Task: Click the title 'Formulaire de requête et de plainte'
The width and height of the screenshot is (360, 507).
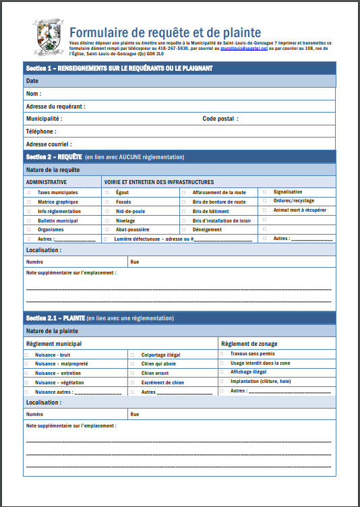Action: click(x=165, y=32)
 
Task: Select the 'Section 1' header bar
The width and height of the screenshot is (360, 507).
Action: click(x=179, y=68)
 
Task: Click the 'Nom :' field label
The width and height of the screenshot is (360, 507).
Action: click(x=34, y=94)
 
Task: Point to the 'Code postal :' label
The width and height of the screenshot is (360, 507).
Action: click(x=220, y=119)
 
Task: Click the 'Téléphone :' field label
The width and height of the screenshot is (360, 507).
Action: click(x=41, y=131)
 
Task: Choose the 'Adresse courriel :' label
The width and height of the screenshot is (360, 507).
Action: click(x=49, y=144)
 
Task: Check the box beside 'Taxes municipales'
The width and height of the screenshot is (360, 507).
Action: click(x=28, y=193)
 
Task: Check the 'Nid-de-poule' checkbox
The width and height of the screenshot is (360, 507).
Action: click(x=107, y=211)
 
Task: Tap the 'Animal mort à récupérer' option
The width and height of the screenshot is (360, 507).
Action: click(x=299, y=210)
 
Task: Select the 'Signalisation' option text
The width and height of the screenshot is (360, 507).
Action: click(x=288, y=192)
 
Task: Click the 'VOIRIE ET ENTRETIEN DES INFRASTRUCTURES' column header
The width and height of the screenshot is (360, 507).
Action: click(x=158, y=182)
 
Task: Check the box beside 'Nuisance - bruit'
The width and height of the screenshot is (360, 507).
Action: click(x=26, y=355)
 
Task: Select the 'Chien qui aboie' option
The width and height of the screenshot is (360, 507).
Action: click(x=158, y=364)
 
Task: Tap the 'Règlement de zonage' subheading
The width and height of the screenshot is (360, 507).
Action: click(x=249, y=344)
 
